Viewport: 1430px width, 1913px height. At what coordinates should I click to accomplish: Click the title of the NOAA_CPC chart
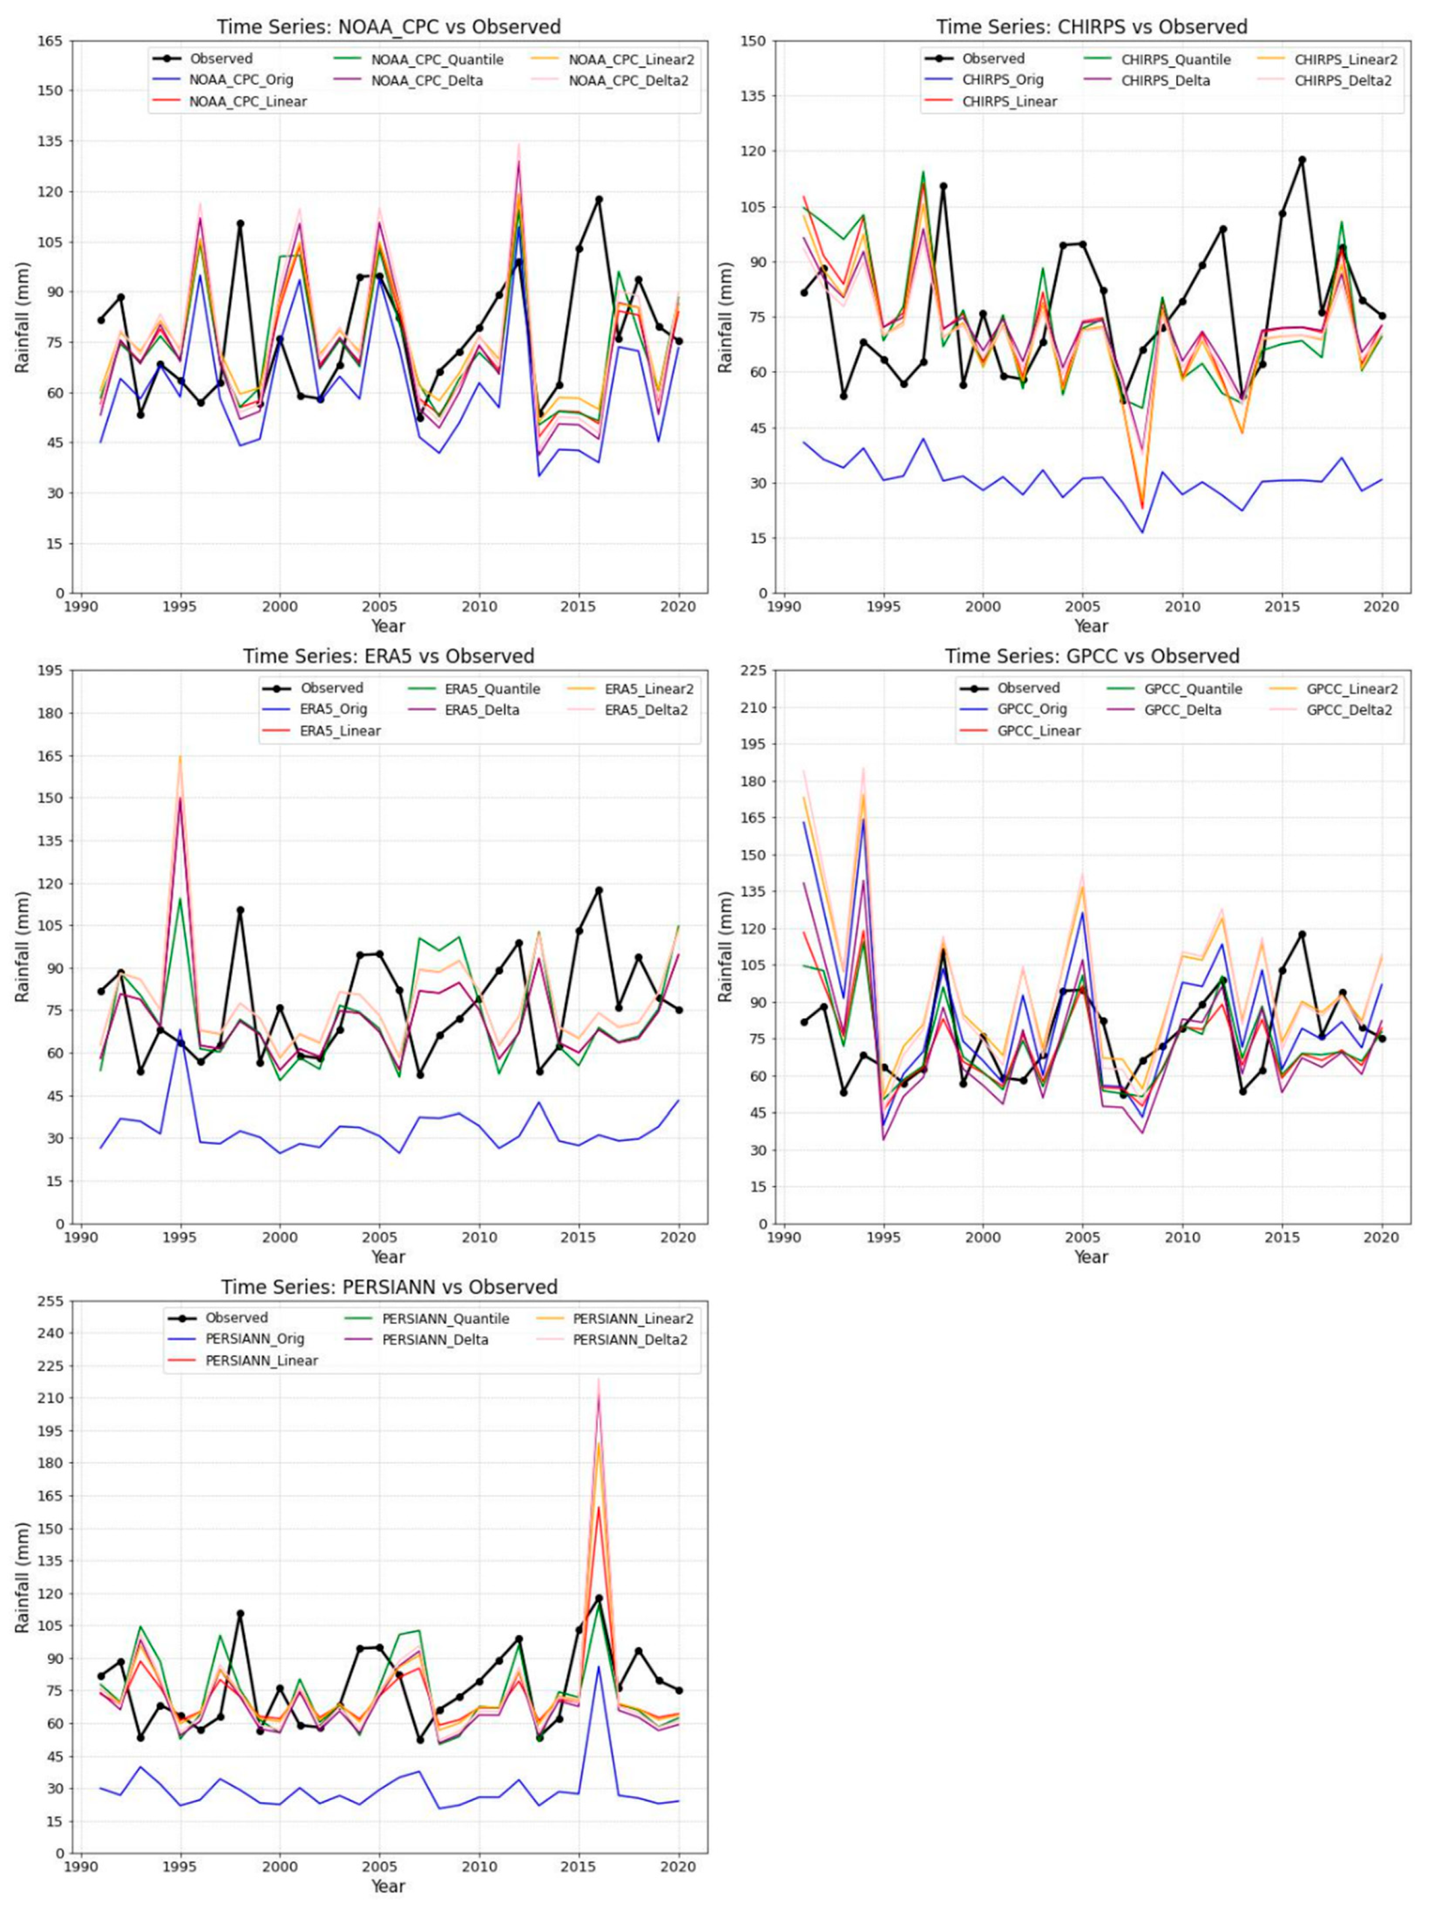[x=388, y=27]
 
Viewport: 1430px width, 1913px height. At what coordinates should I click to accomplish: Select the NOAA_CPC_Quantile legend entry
[x=437, y=60]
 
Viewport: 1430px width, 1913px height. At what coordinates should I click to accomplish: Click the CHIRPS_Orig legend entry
[x=1003, y=80]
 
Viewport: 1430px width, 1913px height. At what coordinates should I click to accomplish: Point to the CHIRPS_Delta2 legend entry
[x=1345, y=80]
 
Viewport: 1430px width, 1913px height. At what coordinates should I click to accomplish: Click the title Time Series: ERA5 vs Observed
[x=388, y=656]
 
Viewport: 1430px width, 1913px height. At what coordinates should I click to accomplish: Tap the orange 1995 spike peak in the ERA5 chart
[x=181, y=756]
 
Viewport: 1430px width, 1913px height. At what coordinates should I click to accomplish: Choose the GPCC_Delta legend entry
[x=1182, y=710]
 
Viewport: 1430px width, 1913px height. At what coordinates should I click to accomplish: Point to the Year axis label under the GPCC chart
[x=1091, y=1257]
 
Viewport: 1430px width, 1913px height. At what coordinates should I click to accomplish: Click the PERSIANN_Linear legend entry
[x=261, y=1360]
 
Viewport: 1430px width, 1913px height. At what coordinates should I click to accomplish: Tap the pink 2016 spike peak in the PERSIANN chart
[x=598, y=1379]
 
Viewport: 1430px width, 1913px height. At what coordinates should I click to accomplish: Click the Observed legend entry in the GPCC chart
[x=1027, y=688]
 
